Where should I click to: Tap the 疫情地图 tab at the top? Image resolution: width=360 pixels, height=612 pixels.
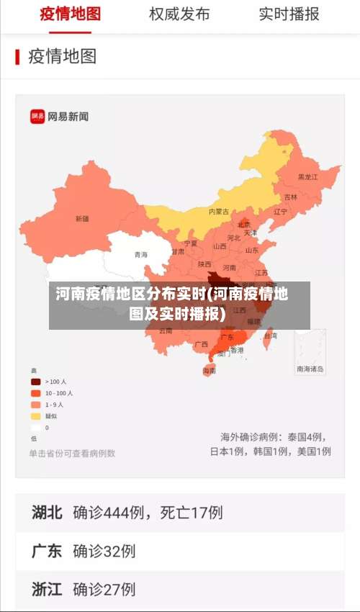[70, 14]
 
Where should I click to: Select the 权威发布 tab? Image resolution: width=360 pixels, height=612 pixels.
[179, 14]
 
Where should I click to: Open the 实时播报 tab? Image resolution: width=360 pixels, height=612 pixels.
[289, 14]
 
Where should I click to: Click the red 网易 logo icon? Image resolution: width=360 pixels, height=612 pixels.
[37, 116]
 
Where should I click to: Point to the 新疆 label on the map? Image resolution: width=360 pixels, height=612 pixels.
[82, 218]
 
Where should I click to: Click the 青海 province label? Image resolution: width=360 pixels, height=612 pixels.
[141, 255]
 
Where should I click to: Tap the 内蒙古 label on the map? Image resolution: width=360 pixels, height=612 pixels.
[219, 212]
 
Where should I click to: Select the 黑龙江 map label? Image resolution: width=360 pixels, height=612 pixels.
[307, 176]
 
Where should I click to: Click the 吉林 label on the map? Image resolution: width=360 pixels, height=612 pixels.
[290, 197]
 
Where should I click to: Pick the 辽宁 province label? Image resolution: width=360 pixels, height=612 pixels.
[280, 212]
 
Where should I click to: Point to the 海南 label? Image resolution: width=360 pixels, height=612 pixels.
[209, 371]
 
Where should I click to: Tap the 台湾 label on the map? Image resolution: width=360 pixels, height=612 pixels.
[270, 336]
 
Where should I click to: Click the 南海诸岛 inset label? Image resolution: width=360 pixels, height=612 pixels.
[310, 369]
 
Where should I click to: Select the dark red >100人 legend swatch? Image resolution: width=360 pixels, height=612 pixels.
[35, 382]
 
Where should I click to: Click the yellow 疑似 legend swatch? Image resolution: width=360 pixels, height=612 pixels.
[35, 416]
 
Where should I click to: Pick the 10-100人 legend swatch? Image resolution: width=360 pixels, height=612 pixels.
[35, 393]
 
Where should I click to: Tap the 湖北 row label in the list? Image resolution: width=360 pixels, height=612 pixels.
[47, 513]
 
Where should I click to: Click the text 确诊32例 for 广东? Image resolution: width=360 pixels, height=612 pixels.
[104, 552]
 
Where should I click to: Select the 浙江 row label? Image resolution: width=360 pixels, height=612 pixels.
[47, 589]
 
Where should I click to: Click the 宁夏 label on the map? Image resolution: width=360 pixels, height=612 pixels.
[190, 243]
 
